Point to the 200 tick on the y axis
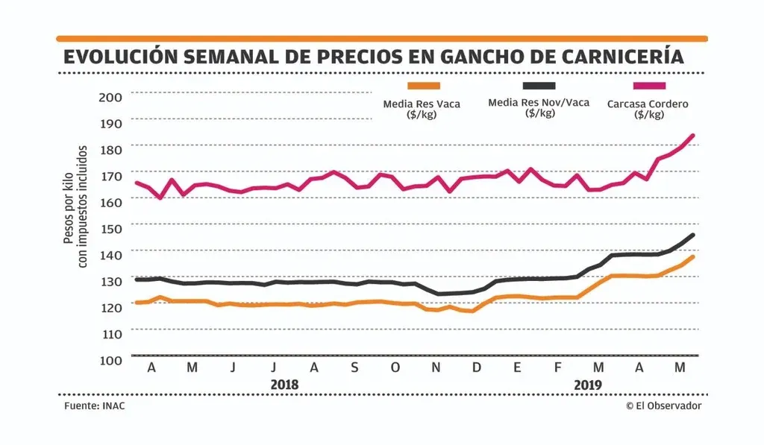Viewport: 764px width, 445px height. pos(110,97)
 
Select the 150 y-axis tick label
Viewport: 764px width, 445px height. pos(110,228)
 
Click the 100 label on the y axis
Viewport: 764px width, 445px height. pos(110,360)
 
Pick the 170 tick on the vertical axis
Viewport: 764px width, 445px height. pos(110,176)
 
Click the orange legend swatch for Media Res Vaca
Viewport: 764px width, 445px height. pos(424,86)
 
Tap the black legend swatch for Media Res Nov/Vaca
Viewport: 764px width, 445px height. pos(539,86)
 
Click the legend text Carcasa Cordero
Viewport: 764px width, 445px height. pos(648,104)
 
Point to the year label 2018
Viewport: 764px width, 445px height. pos(284,385)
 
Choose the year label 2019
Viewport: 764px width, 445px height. pos(588,385)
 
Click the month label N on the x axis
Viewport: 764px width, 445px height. pos(436,367)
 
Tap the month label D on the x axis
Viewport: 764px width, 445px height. pos(477,367)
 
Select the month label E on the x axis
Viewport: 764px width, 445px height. pos(517,367)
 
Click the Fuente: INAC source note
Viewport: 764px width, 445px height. pos(93,405)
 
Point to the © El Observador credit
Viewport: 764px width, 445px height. pos(664,405)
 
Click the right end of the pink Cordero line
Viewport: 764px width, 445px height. pos(693,136)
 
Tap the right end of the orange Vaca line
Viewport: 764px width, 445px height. pos(693,257)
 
